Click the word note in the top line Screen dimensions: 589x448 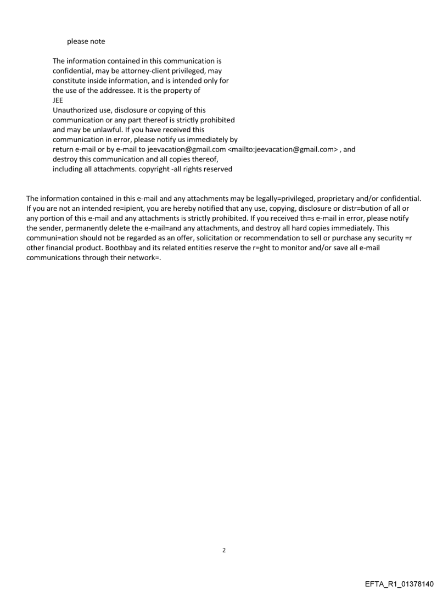coord(97,41)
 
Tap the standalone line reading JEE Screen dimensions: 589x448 coord(58,100)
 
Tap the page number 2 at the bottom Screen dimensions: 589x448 coord(224,549)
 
